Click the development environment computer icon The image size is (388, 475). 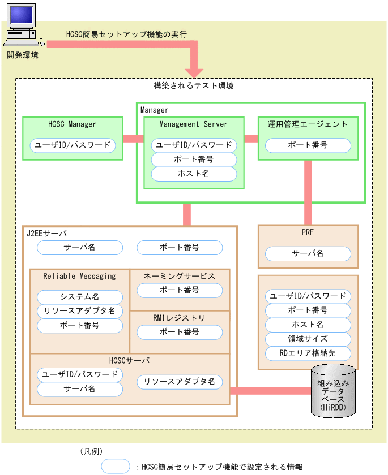click(x=23, y=25)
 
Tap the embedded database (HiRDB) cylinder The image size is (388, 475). click(x=333, y=391)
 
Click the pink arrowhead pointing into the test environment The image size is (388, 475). click(x=194, y=73)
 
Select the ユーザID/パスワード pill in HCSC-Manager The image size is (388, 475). click(x=73, y=145)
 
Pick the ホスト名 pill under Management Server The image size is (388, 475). click(x=194, y=174)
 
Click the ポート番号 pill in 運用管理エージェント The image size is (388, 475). click(x=308, y=145)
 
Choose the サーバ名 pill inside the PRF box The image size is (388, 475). click(x=308, y=253)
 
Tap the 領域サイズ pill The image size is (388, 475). click(x=308, y=339)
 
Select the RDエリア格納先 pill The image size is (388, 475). click(x=308, y=353)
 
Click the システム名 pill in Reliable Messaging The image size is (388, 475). click(x=80, y=297)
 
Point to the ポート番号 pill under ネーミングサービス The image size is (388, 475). click(x=180, y=290)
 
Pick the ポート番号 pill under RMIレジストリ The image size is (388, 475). click(x=180, y=332)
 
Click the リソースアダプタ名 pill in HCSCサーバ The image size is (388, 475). click(x=180, y=382)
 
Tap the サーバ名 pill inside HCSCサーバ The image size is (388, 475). click(x=80, y=389)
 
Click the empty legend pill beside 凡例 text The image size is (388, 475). click(x=116, y=466)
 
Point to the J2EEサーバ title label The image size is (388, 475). click(x=46, y=233)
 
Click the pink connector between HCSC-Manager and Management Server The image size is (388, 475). click(x=134, y=139)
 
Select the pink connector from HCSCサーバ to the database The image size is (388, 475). click(x=271, y=391)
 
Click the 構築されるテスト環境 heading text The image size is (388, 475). click(x=194, y=86)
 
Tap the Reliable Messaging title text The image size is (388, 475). click(x=79, y=276)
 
